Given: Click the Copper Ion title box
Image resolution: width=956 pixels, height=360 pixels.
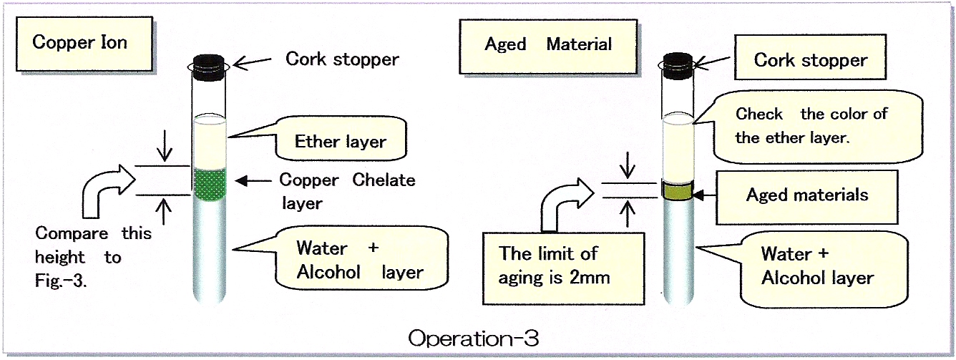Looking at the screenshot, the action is click(x=84, y=44).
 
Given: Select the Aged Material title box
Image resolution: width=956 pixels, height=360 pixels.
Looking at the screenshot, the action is click(x=548, y=47).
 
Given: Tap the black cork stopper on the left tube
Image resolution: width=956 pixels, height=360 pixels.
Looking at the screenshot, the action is click(x=209, y=67).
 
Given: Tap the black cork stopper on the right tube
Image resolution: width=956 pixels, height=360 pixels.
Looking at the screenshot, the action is click(x=678, y=66).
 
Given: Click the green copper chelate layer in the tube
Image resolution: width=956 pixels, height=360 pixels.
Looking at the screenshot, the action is click(x=209, y=184).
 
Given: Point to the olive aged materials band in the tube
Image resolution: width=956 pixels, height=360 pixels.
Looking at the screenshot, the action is click(x=678, y=191).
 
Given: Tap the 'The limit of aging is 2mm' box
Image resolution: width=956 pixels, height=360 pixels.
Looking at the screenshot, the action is click(x=563, y=268).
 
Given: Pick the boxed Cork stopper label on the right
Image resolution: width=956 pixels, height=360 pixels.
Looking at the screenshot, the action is click(x=810, y=57).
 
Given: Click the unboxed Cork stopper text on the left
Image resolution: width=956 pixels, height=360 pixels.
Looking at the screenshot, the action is click(x=342, y=59).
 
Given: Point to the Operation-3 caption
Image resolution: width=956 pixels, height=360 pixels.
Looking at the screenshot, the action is click(x=473, y=339).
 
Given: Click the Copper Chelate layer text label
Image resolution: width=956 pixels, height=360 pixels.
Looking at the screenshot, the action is click(x=347, y=191).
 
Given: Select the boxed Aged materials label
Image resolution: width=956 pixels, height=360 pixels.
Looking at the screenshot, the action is click(x=806, y=197).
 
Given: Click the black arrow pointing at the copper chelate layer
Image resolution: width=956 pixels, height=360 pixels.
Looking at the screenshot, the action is click(x=253, y=181).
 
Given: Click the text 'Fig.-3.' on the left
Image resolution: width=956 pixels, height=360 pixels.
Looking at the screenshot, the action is click(x=61, y=281).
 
